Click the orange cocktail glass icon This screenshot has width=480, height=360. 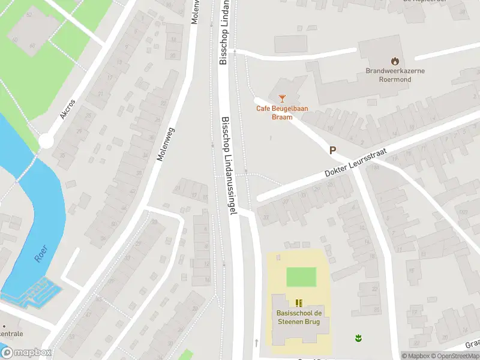tap(282, 98)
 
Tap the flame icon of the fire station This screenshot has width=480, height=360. tap(395, 61)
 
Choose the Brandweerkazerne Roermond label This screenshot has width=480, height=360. tap(395, 74)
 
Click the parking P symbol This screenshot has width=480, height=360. tap(332, 151)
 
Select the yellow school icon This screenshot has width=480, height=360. tap(299, 303)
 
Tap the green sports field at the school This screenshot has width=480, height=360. tap(301, 277)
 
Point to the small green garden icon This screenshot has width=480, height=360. tap(359, 338)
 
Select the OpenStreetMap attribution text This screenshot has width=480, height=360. tap(453, 356)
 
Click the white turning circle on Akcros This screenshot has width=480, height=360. tap(46, 142)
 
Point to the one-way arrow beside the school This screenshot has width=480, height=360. tap(256, 343)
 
